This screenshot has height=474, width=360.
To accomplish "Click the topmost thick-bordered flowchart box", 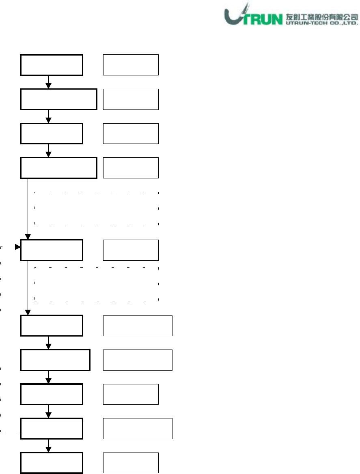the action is (x=52, y=64).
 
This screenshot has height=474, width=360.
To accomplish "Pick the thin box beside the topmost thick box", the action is (x=131, y=64).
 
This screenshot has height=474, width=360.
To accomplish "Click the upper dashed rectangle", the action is (x=96, y=208).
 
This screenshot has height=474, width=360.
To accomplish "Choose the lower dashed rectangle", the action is (x=96, y=284).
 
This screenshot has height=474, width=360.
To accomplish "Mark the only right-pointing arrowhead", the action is (x=17, y=247).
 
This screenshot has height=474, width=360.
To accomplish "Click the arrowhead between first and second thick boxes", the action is (x=48, y=86).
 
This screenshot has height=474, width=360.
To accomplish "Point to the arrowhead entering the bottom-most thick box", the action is (x=48, y=450).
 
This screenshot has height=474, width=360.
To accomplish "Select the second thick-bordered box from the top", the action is (x=59, y=99).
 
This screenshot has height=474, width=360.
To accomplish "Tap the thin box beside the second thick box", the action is (x=131, y=99).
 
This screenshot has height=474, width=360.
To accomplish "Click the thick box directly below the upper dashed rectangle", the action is (x=52, y=250).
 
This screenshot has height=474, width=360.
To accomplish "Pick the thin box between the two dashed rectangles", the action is (x=131, y=250).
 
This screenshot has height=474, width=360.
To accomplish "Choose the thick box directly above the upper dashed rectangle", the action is (x=59, y=168).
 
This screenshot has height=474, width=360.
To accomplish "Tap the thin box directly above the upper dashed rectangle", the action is (x=131, y=168).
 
